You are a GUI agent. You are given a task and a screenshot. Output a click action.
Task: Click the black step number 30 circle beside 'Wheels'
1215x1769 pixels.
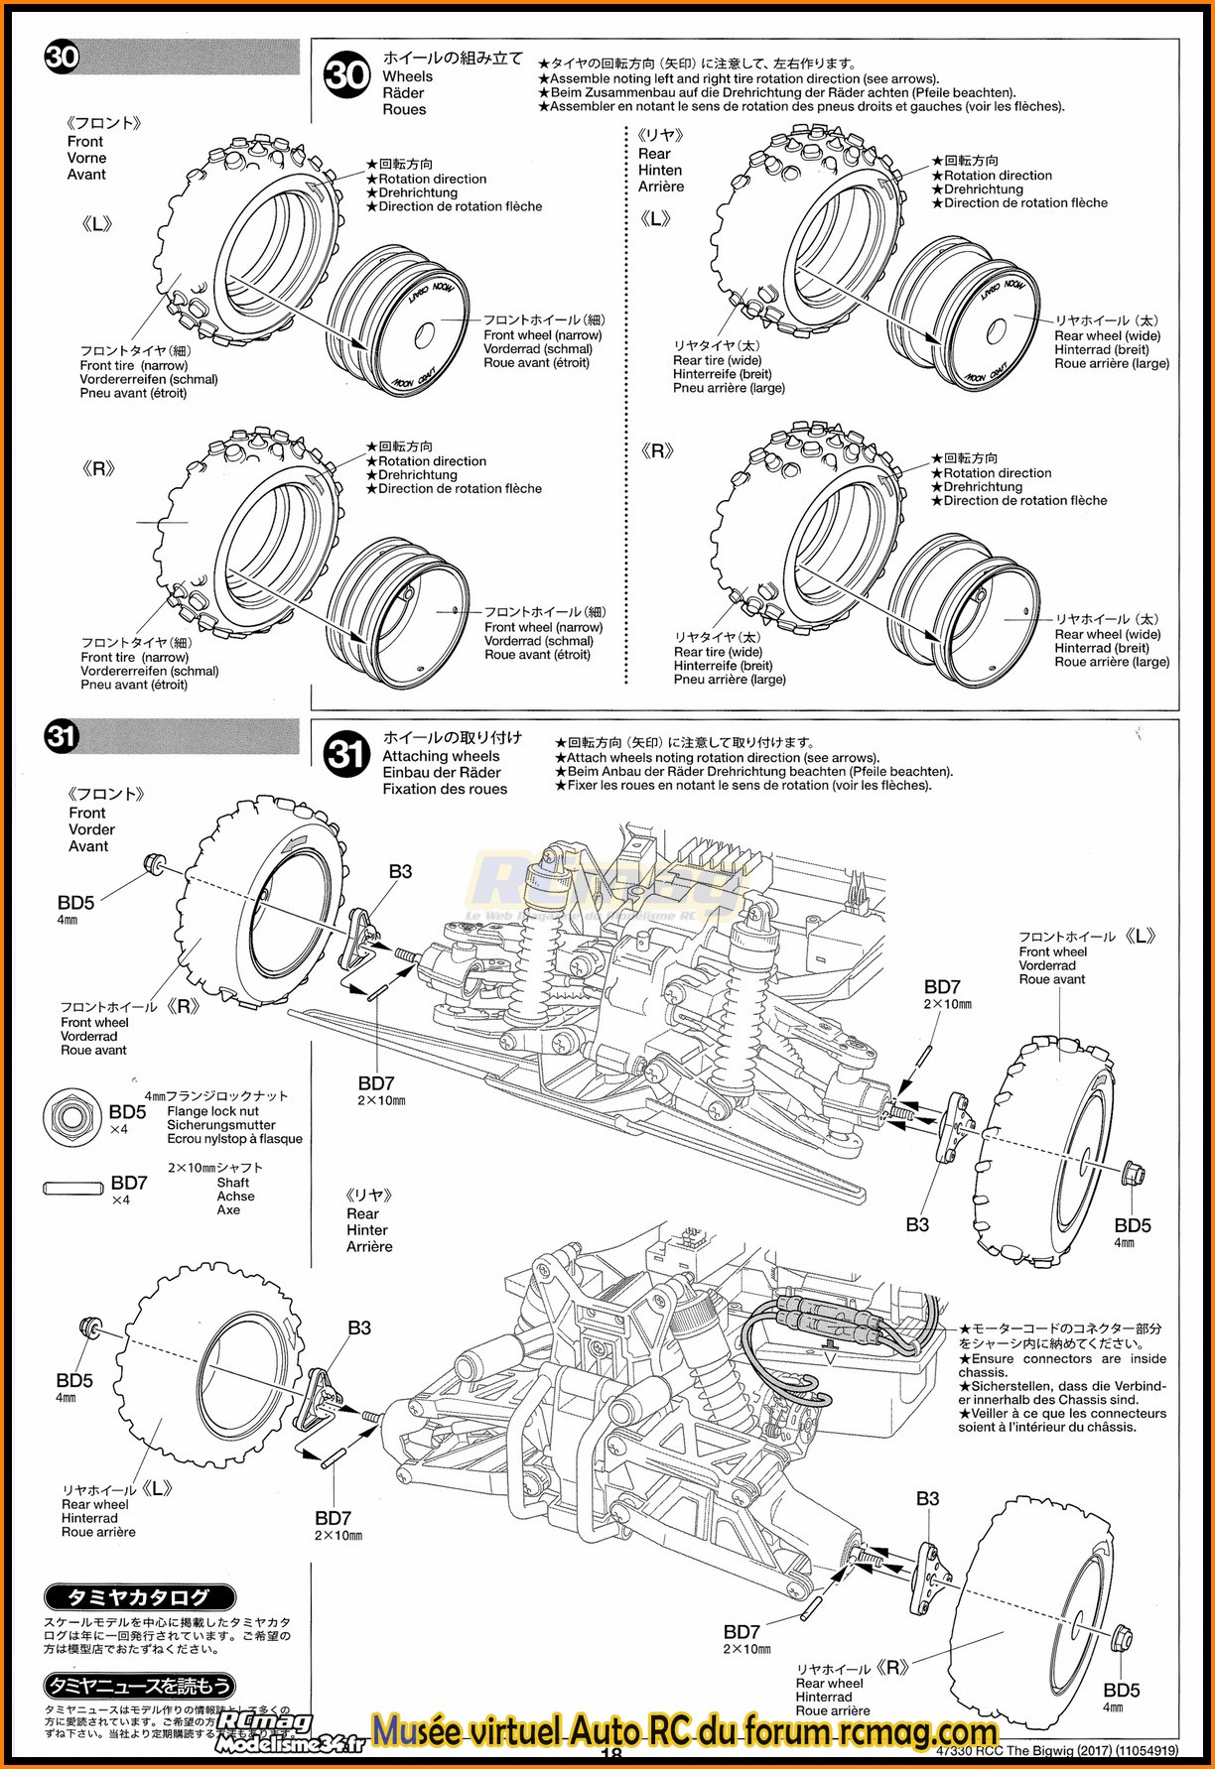click(346, 74)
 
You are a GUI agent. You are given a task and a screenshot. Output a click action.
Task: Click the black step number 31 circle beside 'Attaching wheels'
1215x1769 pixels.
click(346, 755)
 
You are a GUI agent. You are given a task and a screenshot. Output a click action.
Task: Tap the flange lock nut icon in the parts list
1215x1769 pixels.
click(71, 1116)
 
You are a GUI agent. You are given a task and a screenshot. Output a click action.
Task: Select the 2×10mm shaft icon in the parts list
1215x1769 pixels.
click(73, 1188)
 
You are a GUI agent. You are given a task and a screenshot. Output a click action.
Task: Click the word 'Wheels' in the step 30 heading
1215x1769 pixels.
click(407, 76)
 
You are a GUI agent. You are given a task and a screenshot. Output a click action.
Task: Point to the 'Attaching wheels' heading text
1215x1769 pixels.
click(441, 756)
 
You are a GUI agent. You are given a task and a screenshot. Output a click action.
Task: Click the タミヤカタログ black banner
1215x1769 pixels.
click(139, 1597)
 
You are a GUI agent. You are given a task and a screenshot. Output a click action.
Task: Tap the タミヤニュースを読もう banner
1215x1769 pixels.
click(139, 1686)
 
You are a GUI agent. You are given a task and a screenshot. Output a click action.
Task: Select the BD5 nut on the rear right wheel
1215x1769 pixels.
click(1120, 1637)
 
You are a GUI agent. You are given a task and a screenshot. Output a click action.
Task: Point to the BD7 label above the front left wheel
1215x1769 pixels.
click(942, 987)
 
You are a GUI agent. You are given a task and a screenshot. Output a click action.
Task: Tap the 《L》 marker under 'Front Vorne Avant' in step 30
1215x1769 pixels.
click(96, 225)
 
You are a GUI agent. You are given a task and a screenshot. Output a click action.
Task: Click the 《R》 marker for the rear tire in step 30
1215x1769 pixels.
click(657, 451)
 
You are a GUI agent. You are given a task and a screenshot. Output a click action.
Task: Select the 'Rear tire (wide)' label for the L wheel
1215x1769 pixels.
click(717, 360)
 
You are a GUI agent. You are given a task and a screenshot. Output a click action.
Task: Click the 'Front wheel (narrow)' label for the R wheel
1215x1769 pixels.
click(543, 627)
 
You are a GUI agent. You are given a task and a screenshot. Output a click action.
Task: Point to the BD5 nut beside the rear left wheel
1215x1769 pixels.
click(88, 1327)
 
